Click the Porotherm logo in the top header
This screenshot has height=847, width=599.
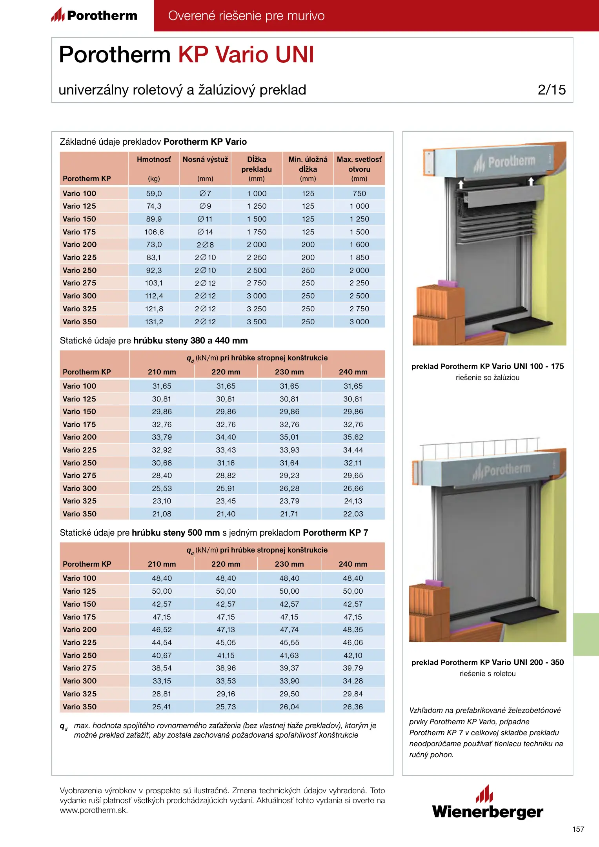pos(95,15)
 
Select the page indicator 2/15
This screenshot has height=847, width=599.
pos(552,90)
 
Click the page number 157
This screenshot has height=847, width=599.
pos(578,829)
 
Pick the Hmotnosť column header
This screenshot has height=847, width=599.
pos(154,160)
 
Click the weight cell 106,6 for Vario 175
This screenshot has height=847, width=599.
pos(154,232)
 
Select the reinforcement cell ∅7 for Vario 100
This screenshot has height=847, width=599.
pos(205,193)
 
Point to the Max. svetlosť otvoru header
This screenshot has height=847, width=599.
pos(359,164)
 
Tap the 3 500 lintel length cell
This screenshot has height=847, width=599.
pos(257,322)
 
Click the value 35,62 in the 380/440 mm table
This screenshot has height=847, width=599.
pos(353,437)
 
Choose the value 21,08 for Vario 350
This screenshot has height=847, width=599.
pos(162,514)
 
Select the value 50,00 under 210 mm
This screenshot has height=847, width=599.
pos(162,591)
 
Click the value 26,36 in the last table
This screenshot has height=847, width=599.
pos(353,707)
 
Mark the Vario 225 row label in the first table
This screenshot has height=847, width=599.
pos(80,257)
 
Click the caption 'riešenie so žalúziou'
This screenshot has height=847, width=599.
pos(487,378)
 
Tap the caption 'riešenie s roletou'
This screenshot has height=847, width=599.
pos(487,674)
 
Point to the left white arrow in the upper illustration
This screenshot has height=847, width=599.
pos(461,184)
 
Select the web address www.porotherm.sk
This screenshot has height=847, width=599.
pos(94,810)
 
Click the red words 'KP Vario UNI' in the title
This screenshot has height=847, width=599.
pos(246,55)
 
